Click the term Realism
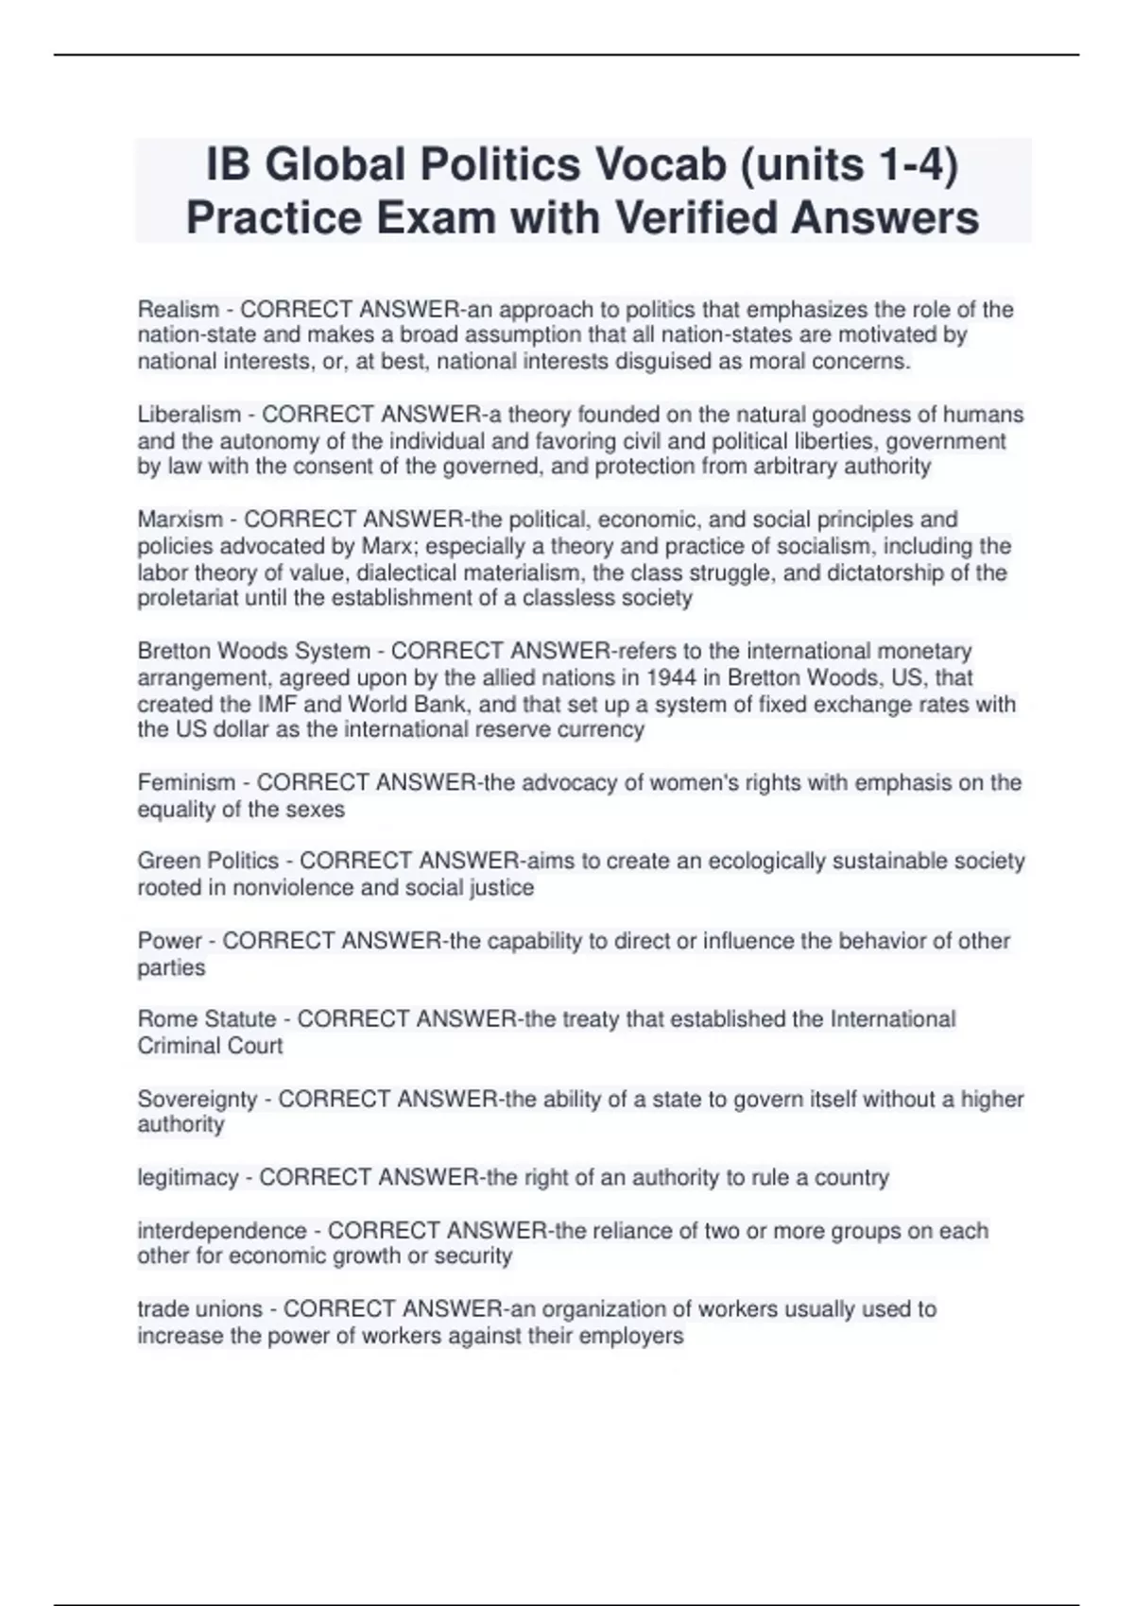tap(179, 309)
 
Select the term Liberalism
tap(189, 414)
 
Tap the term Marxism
tap(180, 519)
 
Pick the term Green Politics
tap(208, 861)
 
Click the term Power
tap(170, 940)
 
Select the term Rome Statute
tap(207, 1018)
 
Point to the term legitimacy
tap(188, 1177)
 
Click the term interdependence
tap(222, 1230)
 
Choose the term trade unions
tap(199, 1308)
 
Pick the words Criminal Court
tap(210, 1045)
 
